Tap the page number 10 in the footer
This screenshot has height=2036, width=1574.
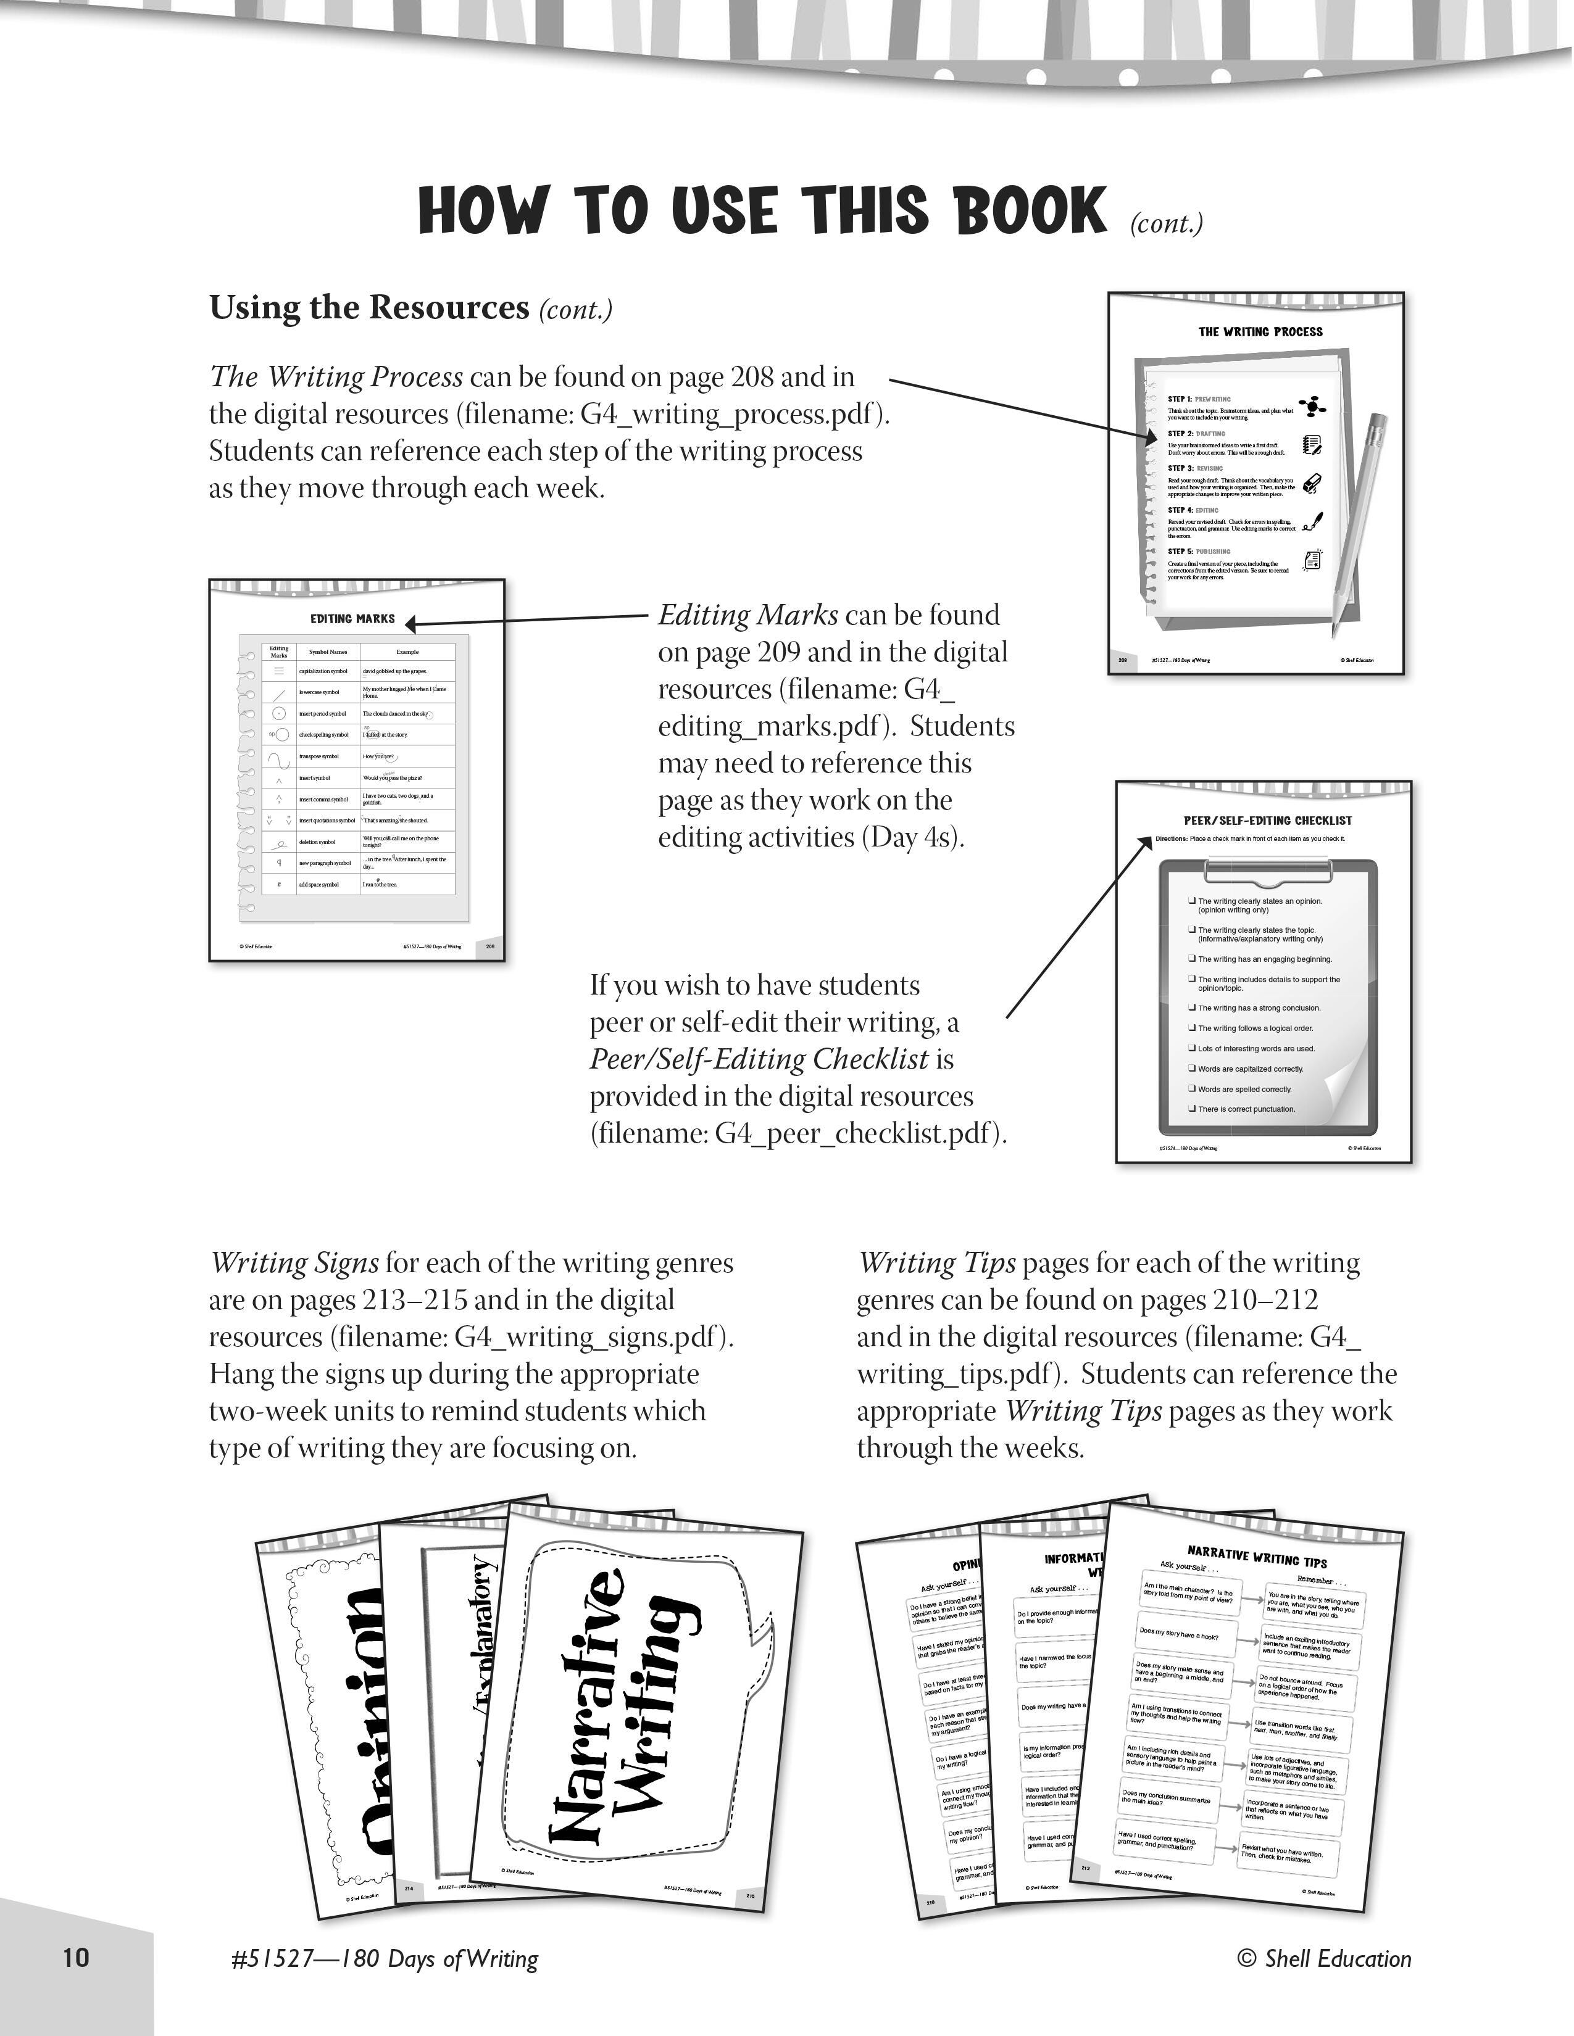pyautogui.click(x=75, y=1957)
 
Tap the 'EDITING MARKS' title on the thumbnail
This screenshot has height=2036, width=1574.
pyautogui.click(x=352, y=619)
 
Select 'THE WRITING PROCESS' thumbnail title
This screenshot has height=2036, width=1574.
pyautogui.click(x=1260, y=332)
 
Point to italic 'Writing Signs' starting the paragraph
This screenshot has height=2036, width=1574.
pyautogui.click(x=294, y=1263)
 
